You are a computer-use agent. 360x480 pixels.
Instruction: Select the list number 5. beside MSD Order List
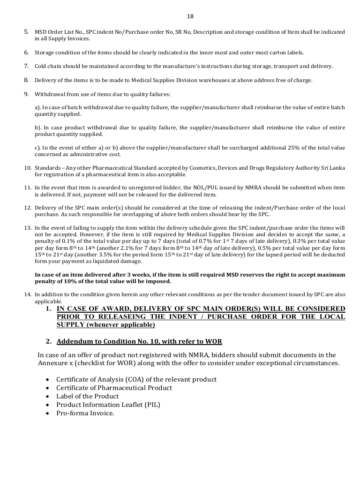(26, 32)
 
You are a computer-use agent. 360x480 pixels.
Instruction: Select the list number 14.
(27, 294)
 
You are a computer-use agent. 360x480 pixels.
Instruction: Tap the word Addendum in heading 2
(74, 341)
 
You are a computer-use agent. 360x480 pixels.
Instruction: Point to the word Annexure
(52, 363)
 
